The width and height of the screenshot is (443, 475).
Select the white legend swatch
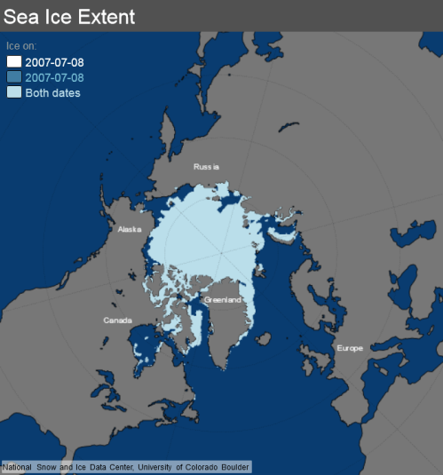point(14,61)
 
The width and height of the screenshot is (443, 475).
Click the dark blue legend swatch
point(14,77)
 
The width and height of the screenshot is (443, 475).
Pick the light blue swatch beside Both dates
point(14,92)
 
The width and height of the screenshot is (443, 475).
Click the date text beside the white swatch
point(55,61)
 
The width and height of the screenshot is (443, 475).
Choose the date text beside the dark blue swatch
point(55,77)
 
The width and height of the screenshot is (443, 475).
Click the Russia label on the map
point(206,167)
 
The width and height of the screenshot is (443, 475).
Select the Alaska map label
point(130,229)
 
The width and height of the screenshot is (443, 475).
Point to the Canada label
point(118,320)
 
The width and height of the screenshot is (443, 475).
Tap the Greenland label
point(223,300)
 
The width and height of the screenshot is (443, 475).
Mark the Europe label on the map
point(349,348)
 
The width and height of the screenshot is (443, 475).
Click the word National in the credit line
point(19,467)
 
